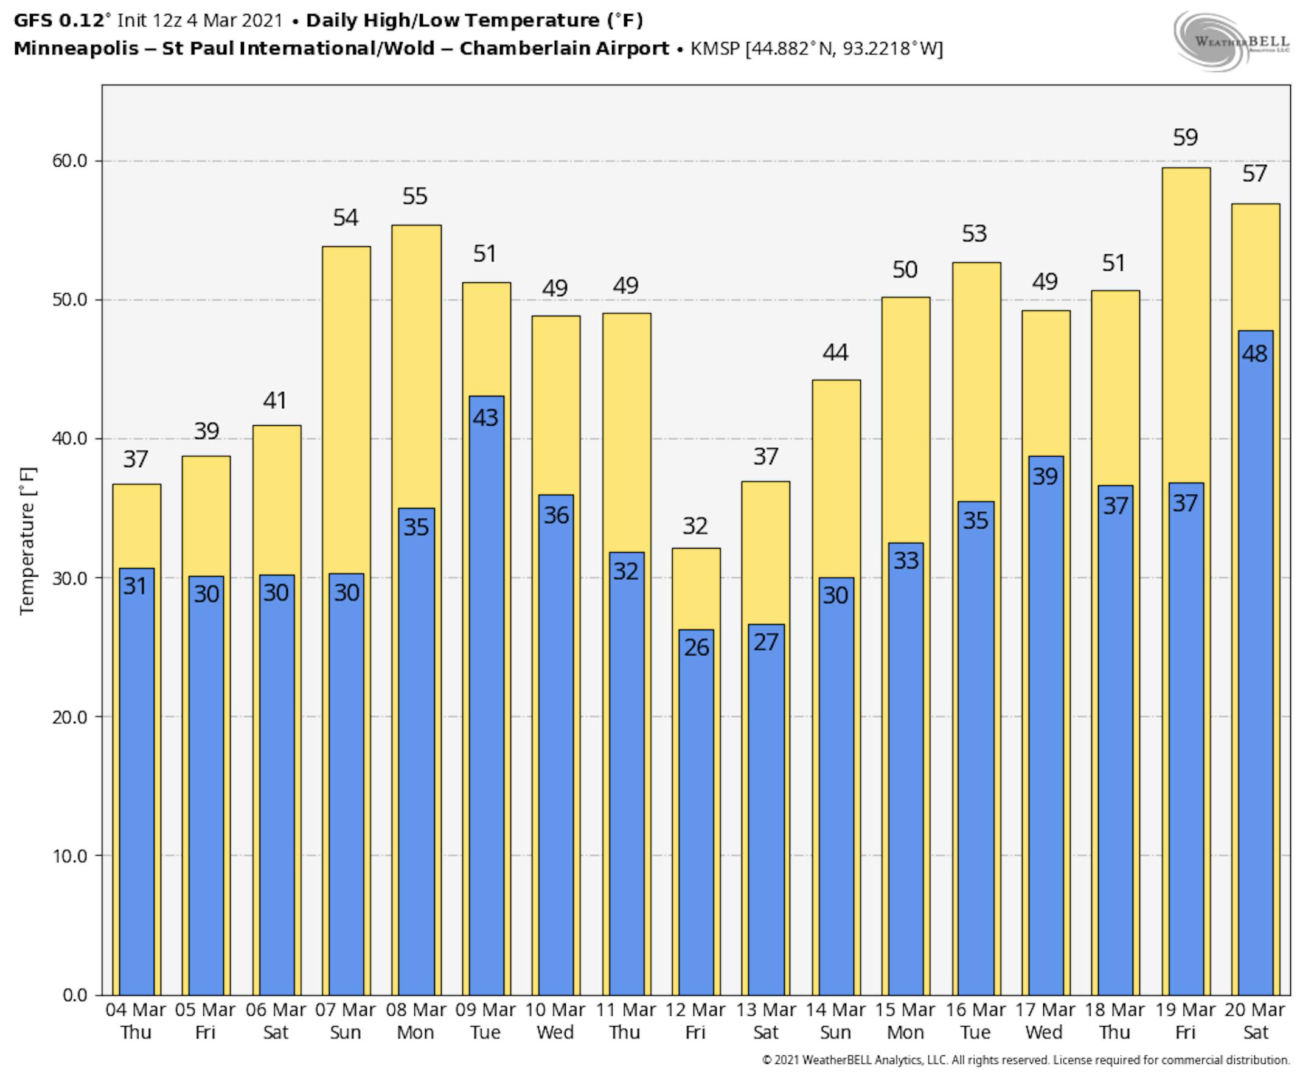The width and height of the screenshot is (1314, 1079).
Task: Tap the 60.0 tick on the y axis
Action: click(x=69, y=161)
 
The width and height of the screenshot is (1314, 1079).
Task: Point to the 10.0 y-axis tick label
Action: click(x=69, y=856)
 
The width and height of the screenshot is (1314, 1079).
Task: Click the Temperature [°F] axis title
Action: click(x=28, y=541)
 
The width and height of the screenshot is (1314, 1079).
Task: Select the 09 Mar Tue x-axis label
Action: click(x=485, y=1021)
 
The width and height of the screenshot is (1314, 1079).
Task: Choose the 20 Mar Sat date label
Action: click(x=1255, y=1021)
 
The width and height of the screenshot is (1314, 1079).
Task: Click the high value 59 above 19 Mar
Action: click(x=1184, y=137)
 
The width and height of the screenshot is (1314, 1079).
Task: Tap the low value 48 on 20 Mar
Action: click(x=1254, y=354)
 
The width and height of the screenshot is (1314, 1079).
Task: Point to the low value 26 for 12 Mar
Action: click(x=696, y=648)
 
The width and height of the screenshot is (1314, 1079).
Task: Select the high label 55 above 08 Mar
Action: click(x=415, y=196)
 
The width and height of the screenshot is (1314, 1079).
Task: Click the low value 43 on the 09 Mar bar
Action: click(x=485, y=418)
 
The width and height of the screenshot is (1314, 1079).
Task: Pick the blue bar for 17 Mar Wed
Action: click(x=1046, y=746)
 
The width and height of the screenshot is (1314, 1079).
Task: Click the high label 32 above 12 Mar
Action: click(x=695, y=527)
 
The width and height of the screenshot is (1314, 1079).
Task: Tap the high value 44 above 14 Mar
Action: click(x=835, y=352)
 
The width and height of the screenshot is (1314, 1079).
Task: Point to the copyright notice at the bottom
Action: click(x=1026, y=1060)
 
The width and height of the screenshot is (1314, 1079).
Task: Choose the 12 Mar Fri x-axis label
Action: click(x=695, y=1021)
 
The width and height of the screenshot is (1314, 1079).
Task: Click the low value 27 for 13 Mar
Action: click(x=766, y=642)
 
